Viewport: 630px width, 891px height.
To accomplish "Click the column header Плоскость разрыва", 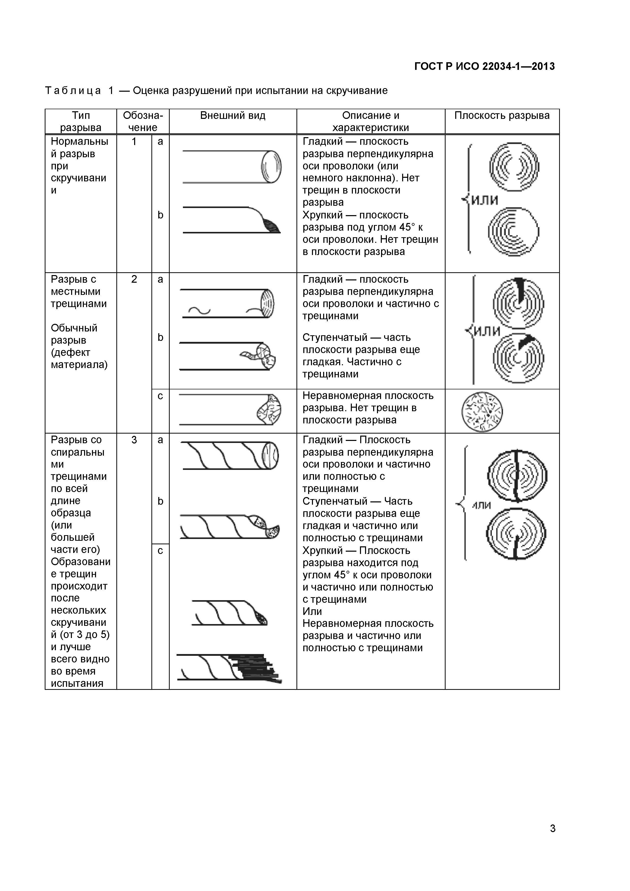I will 502,116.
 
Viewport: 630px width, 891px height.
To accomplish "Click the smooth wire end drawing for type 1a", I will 271,167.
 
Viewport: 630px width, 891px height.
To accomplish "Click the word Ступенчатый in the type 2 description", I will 335,338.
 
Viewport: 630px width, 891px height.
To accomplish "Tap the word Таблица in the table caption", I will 73,91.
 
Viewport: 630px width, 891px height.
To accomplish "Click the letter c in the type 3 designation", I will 160,551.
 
